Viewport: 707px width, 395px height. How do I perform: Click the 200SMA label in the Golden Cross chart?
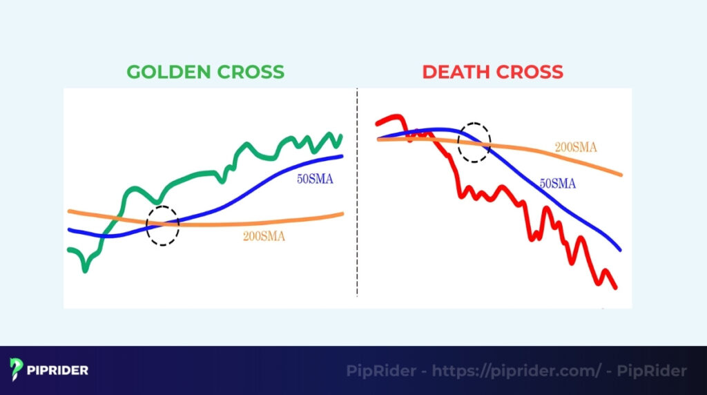[264, 236]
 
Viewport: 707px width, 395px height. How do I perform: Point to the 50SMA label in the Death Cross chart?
[557, 184]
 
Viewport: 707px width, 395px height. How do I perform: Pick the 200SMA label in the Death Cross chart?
[576, 147]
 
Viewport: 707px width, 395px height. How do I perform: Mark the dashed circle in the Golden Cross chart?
[163, 225]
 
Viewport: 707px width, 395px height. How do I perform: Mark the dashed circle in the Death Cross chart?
[475, 142]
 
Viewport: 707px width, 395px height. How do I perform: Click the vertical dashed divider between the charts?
[357, 193]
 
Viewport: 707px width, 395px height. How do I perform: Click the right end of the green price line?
[340, 137]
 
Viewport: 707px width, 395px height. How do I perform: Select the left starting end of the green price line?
[69, 250]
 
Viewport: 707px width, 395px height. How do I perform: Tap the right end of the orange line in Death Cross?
[621, 175]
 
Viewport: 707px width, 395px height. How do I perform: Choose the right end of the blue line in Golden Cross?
[341, 156]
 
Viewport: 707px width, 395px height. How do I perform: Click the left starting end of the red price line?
[378, 124]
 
